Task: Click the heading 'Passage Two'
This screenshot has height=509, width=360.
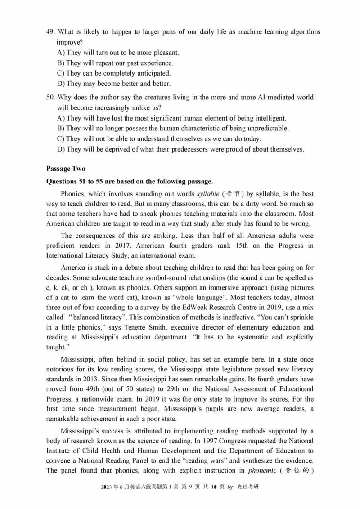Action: coord(66,169)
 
